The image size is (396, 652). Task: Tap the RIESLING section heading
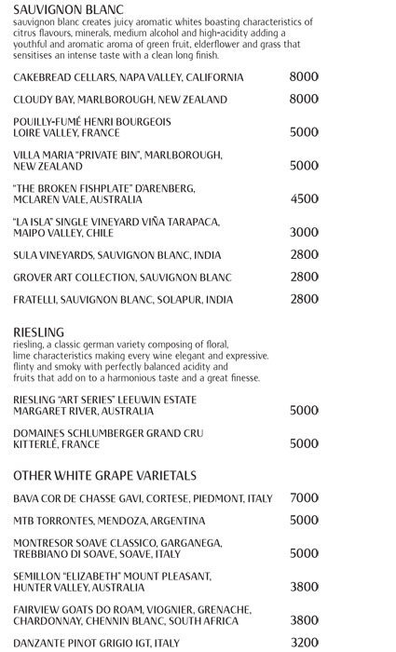(x=39, y=331)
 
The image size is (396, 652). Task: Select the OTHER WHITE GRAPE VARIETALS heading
(x=99, y=475)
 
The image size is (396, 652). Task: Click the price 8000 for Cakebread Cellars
(x=304, y=76)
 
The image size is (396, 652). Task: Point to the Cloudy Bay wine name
(x=120, y=99)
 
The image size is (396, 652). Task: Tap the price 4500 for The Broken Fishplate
(x=304, y=198)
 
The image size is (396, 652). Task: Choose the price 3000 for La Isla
(x=304, y=232)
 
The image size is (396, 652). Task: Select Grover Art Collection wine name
(x=122, y=277)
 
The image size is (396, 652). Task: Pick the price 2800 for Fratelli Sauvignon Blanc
(x=304, y=299)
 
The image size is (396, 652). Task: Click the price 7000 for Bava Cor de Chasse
(x=304, y=497)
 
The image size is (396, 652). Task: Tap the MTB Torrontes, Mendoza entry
(x=109, y=520)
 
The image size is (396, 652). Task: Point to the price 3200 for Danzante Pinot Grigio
(x=304, y=642)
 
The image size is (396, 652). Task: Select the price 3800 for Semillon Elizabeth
(x=304, y=587)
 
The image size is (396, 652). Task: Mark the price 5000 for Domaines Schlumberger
(x=304, y=443)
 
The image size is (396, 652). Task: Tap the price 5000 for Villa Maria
(x=304, y=165)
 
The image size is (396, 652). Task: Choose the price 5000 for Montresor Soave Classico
(x=304, y=553)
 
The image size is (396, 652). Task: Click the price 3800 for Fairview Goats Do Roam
(x=304, y=620)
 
